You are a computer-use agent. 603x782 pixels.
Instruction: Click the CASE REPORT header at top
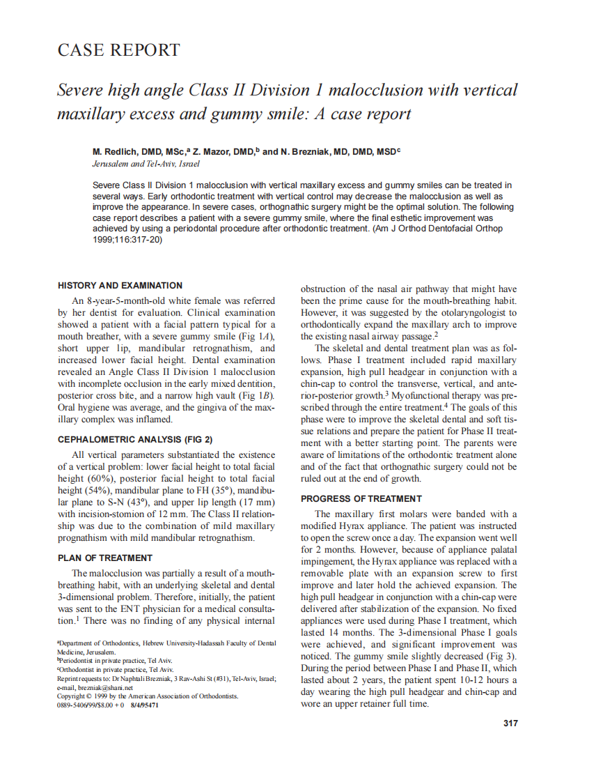click(x=118, y=50)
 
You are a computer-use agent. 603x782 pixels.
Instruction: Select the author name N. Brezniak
click(x=305, y=151)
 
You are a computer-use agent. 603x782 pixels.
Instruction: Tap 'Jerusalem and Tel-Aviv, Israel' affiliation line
click(x=146, y=164)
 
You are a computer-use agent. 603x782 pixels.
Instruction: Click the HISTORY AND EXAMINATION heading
click(x=120, y=286)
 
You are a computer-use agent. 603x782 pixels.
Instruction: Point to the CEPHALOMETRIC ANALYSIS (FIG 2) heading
click(x=135, y=440)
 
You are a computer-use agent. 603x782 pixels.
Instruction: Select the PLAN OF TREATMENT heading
click(x=104, y=558)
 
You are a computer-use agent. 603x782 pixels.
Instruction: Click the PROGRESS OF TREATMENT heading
click(x=361, y=499)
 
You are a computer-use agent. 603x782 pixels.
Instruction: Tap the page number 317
click(x=510, y=723)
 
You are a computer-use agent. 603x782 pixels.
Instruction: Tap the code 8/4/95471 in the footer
click(x=144, y=705)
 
